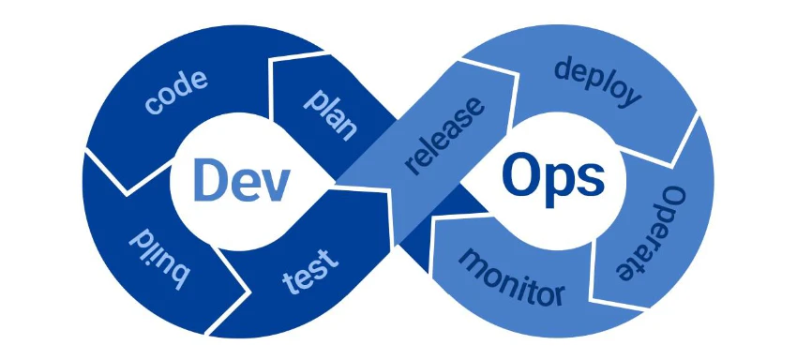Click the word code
coord(177,91)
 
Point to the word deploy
coord(597,82)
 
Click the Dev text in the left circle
coord(239,179)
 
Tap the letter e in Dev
coord(242,183)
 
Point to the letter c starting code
coord(153,105)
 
